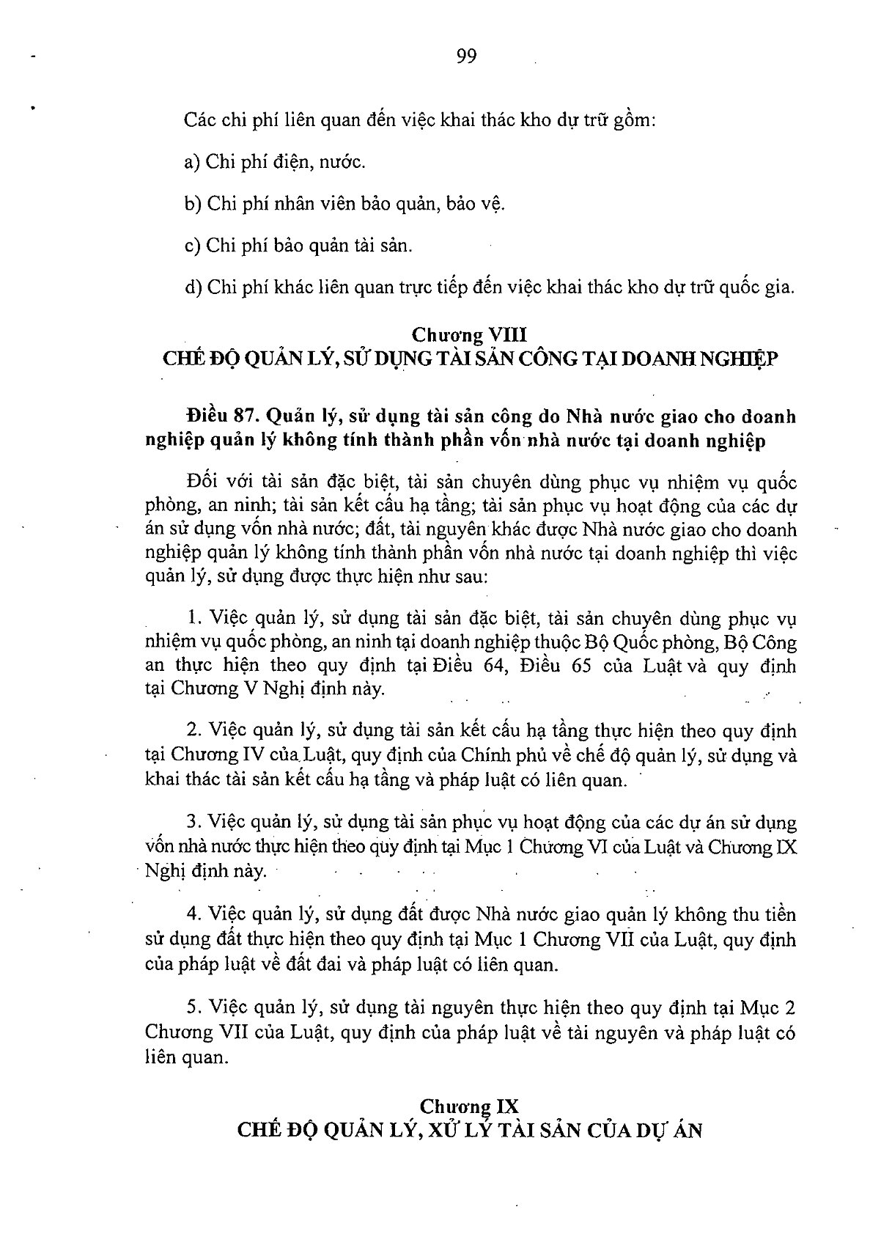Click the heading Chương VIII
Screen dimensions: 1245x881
coord(469,335)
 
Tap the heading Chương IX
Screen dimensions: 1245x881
coord(469,1105)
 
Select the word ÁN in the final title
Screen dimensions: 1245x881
coord(687,1130)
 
